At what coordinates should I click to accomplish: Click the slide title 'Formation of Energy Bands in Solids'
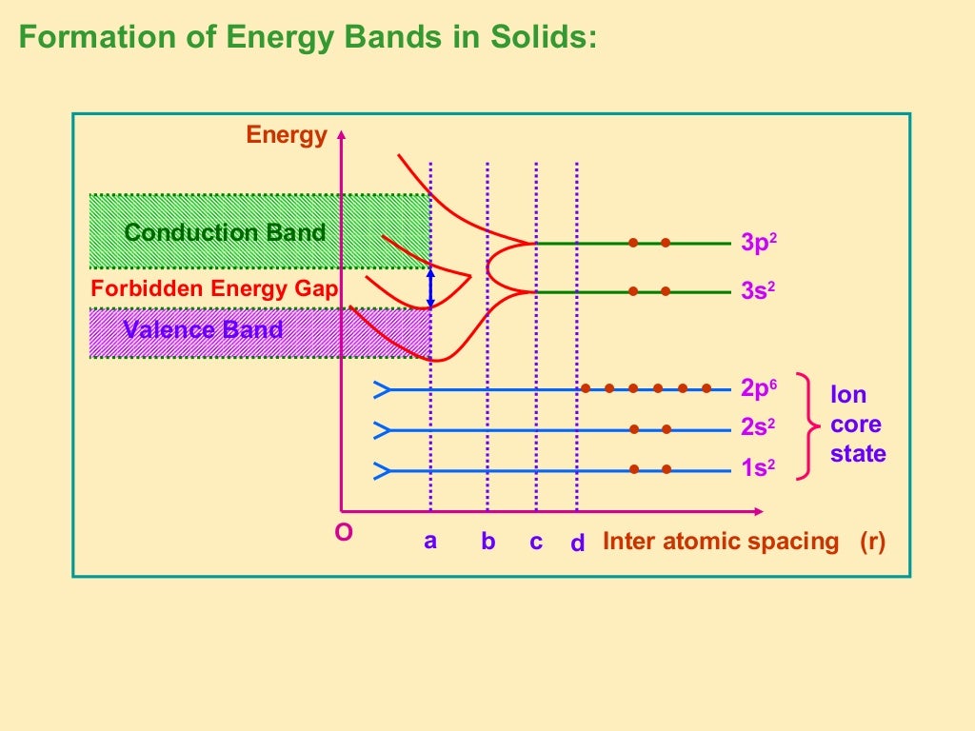point(308,38)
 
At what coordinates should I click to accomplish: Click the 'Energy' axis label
point(287,135)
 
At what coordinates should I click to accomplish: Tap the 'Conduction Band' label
point(225,232)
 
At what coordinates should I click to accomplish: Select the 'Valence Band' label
point(203,330)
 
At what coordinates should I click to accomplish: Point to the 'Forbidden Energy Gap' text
point(214,288)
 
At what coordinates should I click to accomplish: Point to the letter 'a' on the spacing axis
point(430,541)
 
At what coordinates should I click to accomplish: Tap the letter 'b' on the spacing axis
point(487,542)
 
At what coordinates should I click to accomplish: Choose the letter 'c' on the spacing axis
point(536,542)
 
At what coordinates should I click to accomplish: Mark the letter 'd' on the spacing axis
point(577,543)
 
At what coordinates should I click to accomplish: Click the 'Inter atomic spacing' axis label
point(721,542)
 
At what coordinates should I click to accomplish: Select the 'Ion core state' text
point(857,425)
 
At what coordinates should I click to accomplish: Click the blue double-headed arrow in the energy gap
point(430,286)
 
